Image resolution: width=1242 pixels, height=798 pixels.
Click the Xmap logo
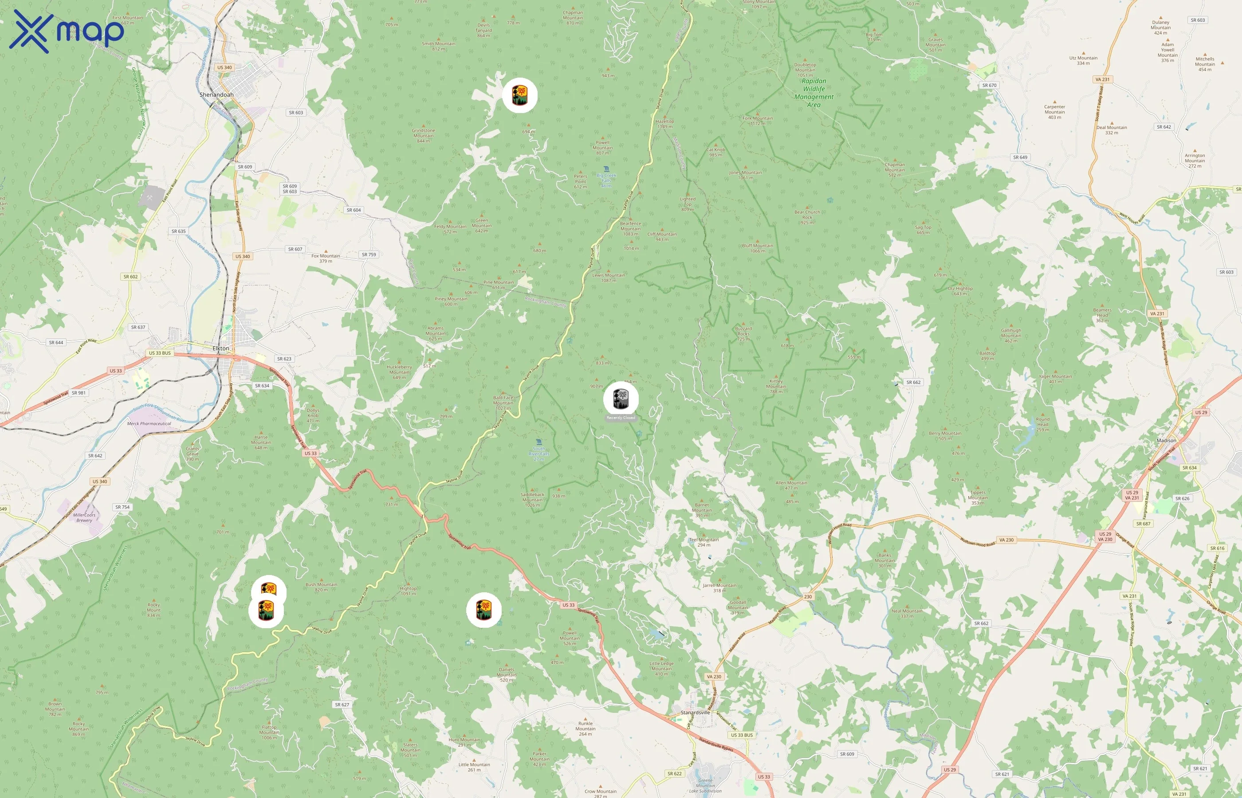(67, 32)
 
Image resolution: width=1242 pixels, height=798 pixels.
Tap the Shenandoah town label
(216, 95)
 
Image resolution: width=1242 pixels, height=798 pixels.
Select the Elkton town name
(221, 348)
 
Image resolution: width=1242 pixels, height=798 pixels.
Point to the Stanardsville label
(695, 712)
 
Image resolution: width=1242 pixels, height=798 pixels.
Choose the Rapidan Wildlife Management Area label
(814, 93)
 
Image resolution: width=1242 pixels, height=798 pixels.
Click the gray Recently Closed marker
(621, 399)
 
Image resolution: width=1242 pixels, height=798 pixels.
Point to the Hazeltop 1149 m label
(665, 124)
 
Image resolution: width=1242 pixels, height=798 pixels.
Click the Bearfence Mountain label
(630, 228)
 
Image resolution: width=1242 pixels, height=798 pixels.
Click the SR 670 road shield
(989, 85)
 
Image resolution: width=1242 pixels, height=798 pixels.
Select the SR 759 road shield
(369, 254)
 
